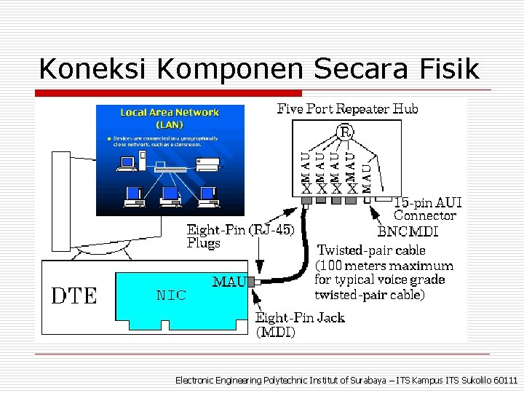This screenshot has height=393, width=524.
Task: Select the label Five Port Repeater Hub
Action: pyautogui.click(x=348, y=109)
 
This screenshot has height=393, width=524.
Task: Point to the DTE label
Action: pyautogui.click(x=74, y=295)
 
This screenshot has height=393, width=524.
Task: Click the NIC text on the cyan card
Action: pyautogui.click(x=172, y=295)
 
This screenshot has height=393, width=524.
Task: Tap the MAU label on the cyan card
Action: pyautogui.click(x=229, y=281)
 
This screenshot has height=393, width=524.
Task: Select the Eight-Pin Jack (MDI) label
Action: pyautogui.click(x=299, y=325)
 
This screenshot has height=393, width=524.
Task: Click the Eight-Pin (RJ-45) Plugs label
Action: pyautogui.click(x=240, y=237)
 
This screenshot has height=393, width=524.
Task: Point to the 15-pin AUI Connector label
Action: pyautogui.click(x=427, y=208)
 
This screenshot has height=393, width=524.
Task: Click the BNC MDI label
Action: pyautogui.click(x=408, y=231)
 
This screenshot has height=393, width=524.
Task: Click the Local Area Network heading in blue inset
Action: pyautogui.click(x=170, y=112)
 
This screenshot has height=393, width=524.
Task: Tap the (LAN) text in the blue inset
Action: pyautogui.click(x=170, y=124)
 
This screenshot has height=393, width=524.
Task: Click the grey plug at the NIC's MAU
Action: pyautogui.click(x=251, y=282)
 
